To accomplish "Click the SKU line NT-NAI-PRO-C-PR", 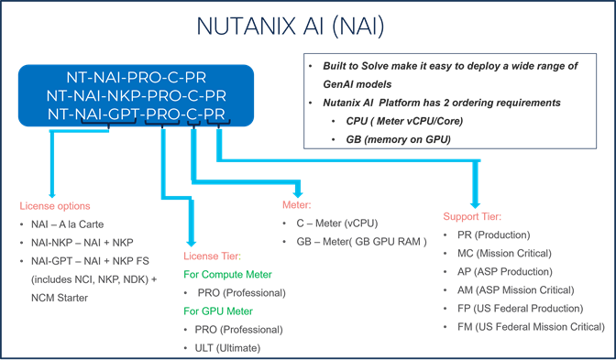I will [147, 78].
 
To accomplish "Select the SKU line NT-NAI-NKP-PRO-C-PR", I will [147, 96].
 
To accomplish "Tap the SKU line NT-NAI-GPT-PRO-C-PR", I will [147, 115].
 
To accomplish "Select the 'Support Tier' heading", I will [471, 217].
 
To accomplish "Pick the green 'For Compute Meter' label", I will [225, 274].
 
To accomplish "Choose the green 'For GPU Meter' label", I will [217, 311].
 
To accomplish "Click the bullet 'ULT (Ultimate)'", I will [227, 348].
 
